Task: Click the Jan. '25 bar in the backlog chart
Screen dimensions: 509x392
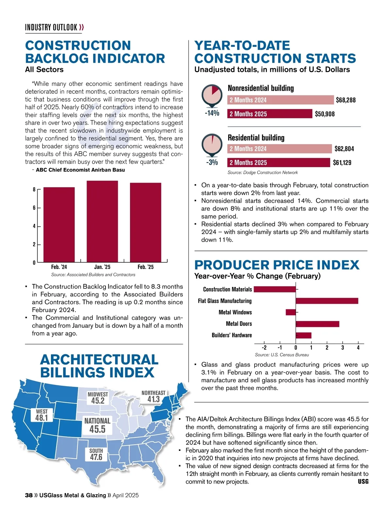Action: click(102, 221)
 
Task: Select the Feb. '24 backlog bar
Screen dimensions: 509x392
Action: click(59, 224)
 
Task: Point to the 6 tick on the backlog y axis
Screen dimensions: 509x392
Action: click(34, 208)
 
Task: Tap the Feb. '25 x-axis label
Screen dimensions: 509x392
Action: click(145, 267)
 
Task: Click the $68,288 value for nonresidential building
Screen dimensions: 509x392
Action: click(346, 100)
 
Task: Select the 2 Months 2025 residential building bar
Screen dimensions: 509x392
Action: click(279, 162)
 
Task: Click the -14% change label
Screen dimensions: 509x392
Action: click(212, 113)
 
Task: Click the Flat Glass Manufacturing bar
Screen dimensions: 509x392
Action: click(327, 301)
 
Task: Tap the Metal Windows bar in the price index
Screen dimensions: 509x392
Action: click(291, 312)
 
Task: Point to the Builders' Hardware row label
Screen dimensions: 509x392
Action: click(232, 335)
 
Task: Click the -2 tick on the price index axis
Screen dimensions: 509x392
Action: click(264, 348)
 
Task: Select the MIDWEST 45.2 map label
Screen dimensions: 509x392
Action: click(98, 398)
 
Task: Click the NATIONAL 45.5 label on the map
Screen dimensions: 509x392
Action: click(97, 425)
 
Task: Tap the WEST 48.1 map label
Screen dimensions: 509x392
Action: click(42, 415)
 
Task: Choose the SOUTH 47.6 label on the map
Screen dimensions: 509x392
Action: click(96, 454)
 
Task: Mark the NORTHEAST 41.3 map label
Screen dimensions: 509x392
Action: click(153, 396)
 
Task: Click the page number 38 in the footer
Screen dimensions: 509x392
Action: click(29, 495)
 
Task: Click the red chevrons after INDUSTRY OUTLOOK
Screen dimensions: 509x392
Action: click(82, 27)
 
